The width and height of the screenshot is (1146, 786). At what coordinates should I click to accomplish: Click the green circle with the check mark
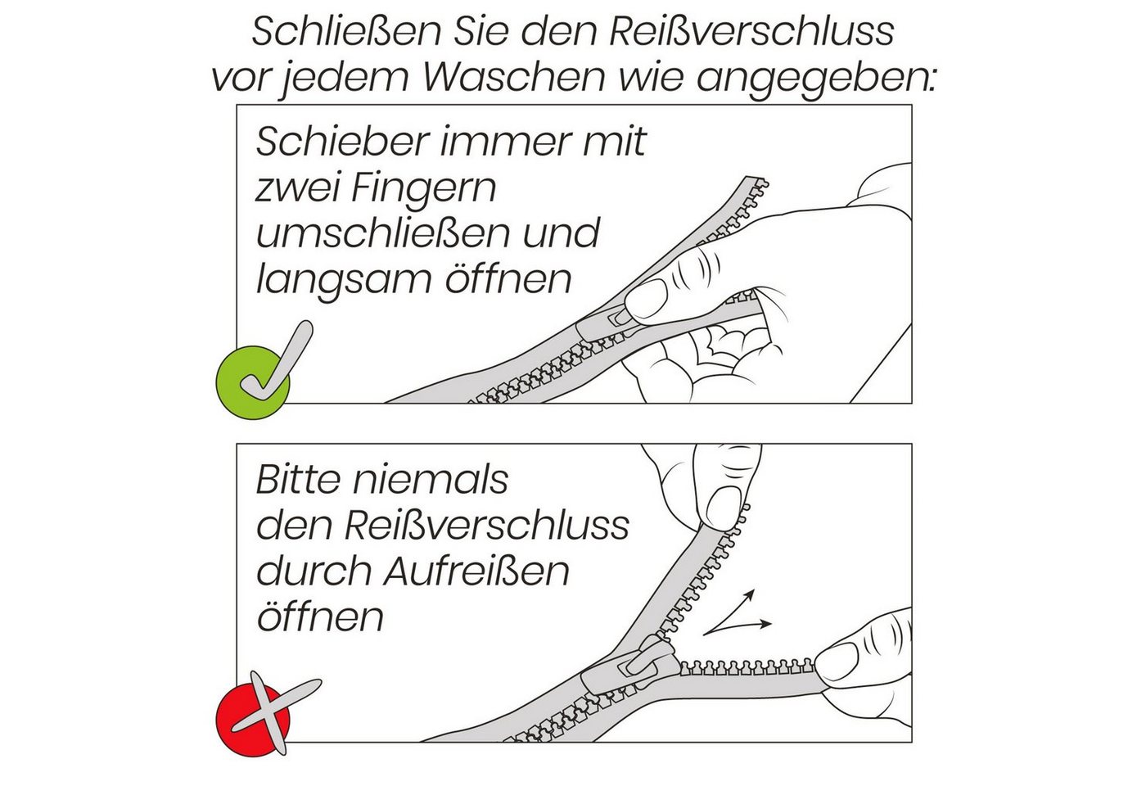coord(253,383)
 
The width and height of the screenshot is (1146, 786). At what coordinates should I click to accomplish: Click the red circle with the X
coord(253,720)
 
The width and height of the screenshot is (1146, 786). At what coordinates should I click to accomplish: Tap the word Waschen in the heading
coord(514,77)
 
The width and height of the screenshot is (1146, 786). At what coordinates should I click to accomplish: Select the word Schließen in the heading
coord(346,32)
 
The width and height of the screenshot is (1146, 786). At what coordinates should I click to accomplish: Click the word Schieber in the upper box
coord(342,141)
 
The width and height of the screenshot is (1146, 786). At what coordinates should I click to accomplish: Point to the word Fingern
coord(424,189)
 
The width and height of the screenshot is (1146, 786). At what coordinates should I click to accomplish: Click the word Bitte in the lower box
coord(298,480)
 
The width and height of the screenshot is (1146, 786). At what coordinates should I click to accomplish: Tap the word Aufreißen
coord(476,571)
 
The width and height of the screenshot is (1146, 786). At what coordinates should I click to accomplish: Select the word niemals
coord(431,480)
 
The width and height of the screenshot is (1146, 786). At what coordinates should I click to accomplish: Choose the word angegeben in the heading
coord(816,79)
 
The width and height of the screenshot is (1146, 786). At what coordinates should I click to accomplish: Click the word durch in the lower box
coord(314,571)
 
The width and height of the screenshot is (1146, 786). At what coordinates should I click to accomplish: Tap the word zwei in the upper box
coord(296,187)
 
